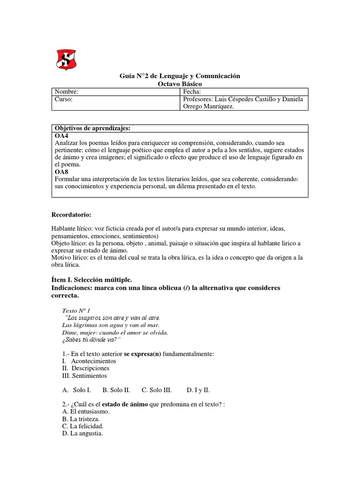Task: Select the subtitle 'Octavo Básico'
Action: click(180, 83)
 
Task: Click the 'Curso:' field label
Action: click(64, 99)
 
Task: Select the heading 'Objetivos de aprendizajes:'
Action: click(93, 128)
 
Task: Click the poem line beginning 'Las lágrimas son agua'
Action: click(111, 325)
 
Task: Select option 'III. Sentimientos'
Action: click(84, 375)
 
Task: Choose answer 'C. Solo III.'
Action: click(157, 390)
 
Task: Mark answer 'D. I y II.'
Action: click(198, 390)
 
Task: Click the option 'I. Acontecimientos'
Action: click(89, 361)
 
